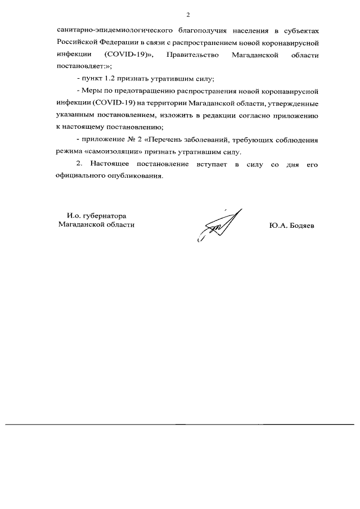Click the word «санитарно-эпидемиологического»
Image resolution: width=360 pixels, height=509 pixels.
tap(106, 30)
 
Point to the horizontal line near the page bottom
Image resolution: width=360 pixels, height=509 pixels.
tap(180, 424)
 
